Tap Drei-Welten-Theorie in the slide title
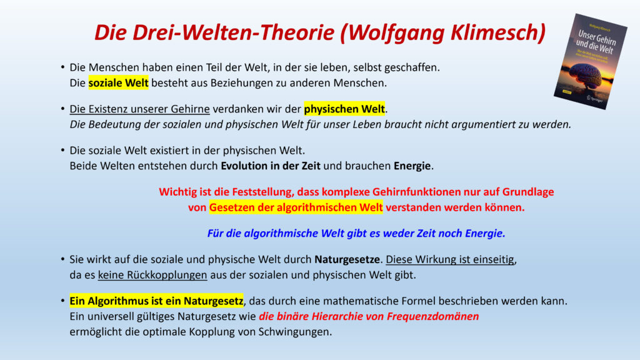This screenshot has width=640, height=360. (x=233, y=32)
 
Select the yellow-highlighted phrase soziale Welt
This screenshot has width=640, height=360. (x=118, y=83)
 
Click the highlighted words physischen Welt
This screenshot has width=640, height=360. (x=344, y=109)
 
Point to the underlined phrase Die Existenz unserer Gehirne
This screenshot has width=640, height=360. (x=139, y=109)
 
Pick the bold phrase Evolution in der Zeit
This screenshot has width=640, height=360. (x=271, y=166)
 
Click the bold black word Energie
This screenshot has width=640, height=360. (x=412, y=166)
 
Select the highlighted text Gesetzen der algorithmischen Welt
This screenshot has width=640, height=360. (x=296, y=207)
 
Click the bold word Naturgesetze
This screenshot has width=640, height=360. (x=347, y=259)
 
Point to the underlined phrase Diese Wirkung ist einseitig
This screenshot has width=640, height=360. (x=450, y=259)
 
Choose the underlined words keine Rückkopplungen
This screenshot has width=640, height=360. (x=152, y=275)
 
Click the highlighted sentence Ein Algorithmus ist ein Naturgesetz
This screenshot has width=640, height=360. (x=156, y=301)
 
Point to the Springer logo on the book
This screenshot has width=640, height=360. (x=595, y=98)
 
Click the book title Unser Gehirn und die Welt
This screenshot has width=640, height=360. (x=596, y=43)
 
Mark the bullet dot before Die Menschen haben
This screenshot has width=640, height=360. (x=62, y=67)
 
